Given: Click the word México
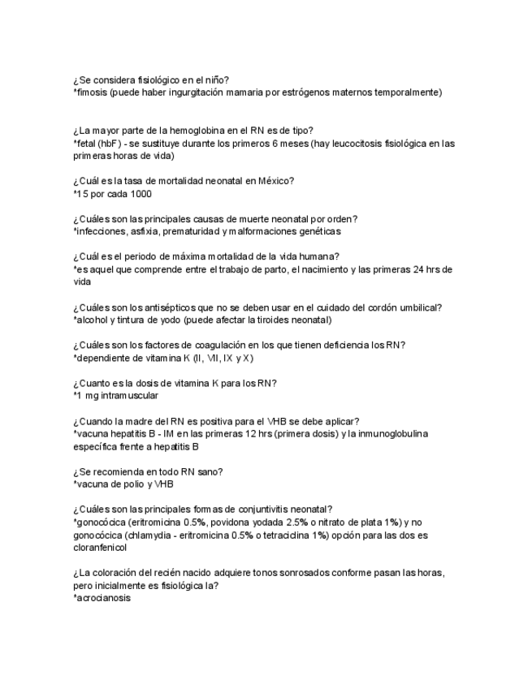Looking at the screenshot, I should (x=271, y=181).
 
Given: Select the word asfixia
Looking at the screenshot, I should (x=149, y=231).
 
